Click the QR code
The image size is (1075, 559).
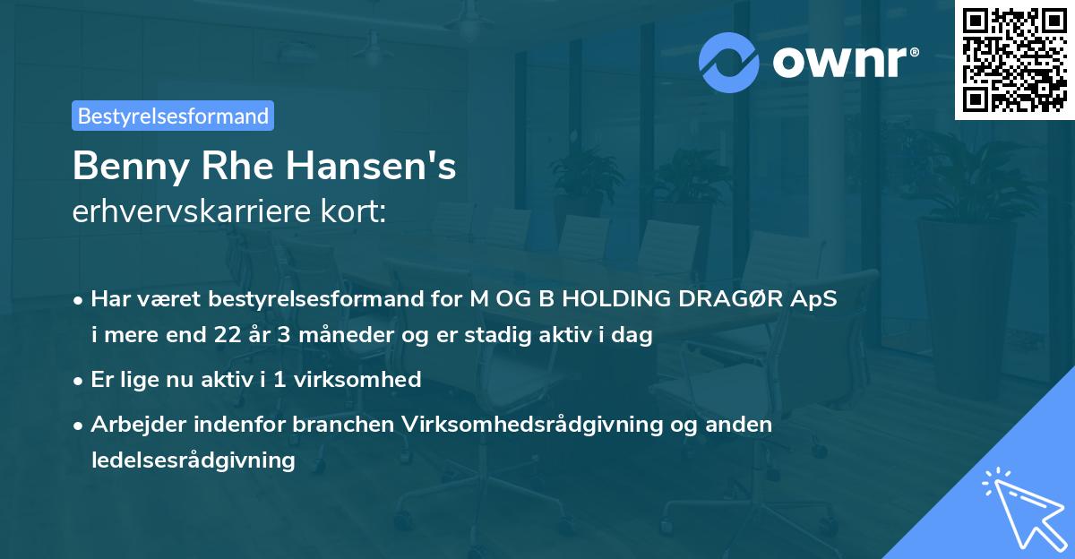[1014, 60]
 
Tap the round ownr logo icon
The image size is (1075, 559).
[730, 62]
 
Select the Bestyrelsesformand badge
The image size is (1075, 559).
[173, 116]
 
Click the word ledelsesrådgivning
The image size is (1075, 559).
[193, 460]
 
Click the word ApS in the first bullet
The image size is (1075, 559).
[815, 299]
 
